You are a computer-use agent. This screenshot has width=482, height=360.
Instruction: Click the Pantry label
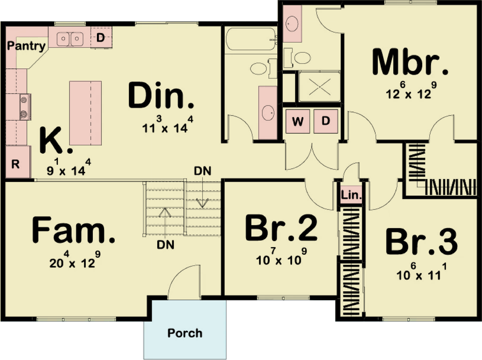tap(26, 46)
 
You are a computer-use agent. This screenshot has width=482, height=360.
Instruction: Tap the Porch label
tap(185, 333)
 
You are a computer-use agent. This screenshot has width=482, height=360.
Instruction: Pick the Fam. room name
tap(73, 230)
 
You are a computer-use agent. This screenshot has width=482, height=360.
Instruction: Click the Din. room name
tap(161, 96)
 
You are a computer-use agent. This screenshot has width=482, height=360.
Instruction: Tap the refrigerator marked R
tap(18, 162)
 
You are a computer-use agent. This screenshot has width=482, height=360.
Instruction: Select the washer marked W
tap(297, 121)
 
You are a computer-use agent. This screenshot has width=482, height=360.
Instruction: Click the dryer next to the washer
tap(326, 121)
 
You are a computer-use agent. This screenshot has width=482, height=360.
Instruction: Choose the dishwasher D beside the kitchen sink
tap(101, 38)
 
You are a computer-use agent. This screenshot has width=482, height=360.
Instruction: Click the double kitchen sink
tap(70, 39)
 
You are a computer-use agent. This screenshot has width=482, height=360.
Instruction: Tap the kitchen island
tap(86, 113)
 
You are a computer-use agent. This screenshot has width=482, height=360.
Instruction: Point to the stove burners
tap(24, 107)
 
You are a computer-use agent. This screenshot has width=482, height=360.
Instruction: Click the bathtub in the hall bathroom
tap(251, 40)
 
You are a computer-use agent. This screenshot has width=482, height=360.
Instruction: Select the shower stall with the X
tap(320, 87)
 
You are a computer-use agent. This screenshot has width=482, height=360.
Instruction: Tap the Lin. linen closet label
tap(351, 195)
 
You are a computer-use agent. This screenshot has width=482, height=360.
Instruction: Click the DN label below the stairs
tap(165, 245)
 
